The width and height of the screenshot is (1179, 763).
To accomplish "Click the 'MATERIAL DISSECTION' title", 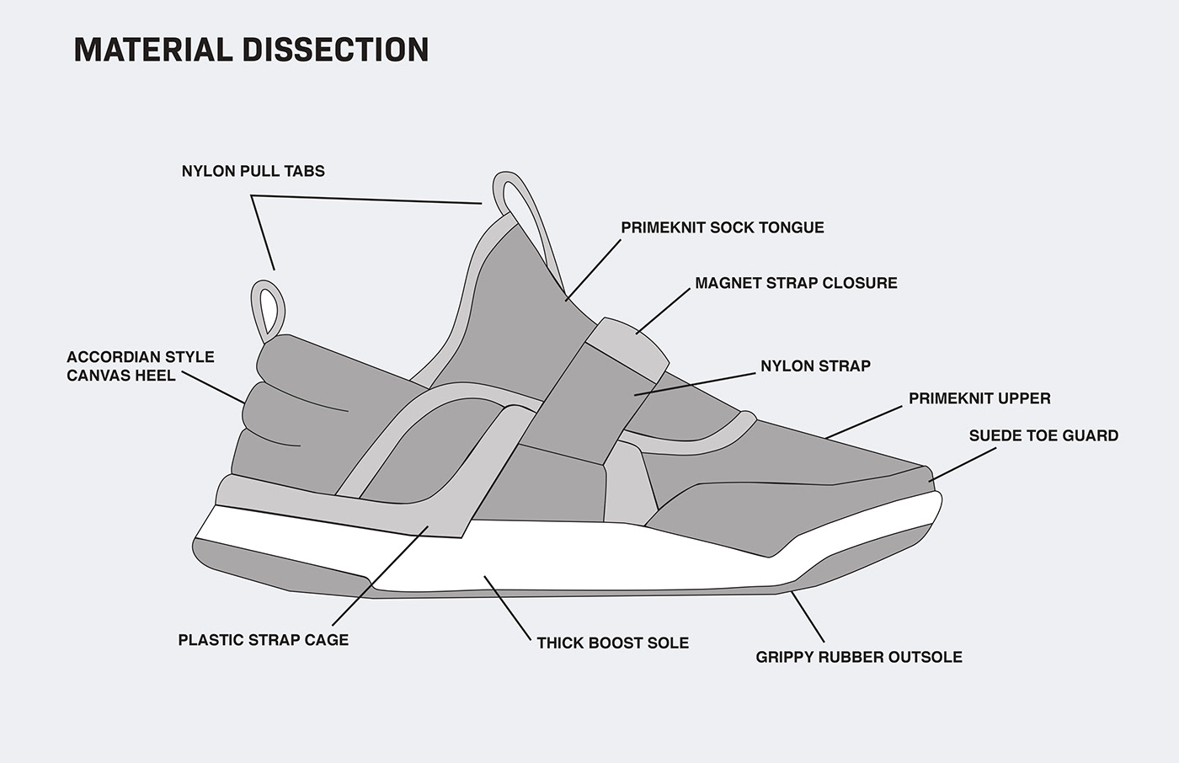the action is (x=252, y=50).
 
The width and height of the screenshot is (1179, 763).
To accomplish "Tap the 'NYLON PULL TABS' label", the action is (x=253, y=171).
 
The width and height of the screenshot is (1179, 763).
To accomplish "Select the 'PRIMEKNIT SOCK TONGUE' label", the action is (x=723, y=227).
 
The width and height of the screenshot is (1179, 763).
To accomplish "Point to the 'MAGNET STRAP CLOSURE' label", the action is (x=797, y=283).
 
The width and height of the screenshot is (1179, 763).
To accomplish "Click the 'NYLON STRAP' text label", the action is (x=816, y=365).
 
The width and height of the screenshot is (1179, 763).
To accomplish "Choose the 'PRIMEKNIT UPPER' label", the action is (x=979, y=398).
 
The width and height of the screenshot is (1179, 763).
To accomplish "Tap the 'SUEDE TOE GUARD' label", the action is (x=1043, y=435).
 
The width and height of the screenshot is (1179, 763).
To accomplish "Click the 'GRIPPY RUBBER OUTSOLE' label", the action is (x=859, y=657).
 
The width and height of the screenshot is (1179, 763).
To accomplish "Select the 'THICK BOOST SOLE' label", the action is (x=613, y=643).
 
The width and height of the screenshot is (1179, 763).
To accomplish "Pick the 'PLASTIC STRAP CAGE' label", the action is (x=264, y=640).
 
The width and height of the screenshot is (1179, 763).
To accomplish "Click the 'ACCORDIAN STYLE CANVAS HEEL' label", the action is (x=141, y=366).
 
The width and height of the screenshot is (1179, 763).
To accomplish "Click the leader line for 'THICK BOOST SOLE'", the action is (x=507, y=608).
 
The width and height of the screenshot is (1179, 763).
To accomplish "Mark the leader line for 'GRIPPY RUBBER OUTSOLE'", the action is (x=808, y=616).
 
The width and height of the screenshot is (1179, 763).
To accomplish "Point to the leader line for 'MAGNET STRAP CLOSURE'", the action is (x=664, y=311).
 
